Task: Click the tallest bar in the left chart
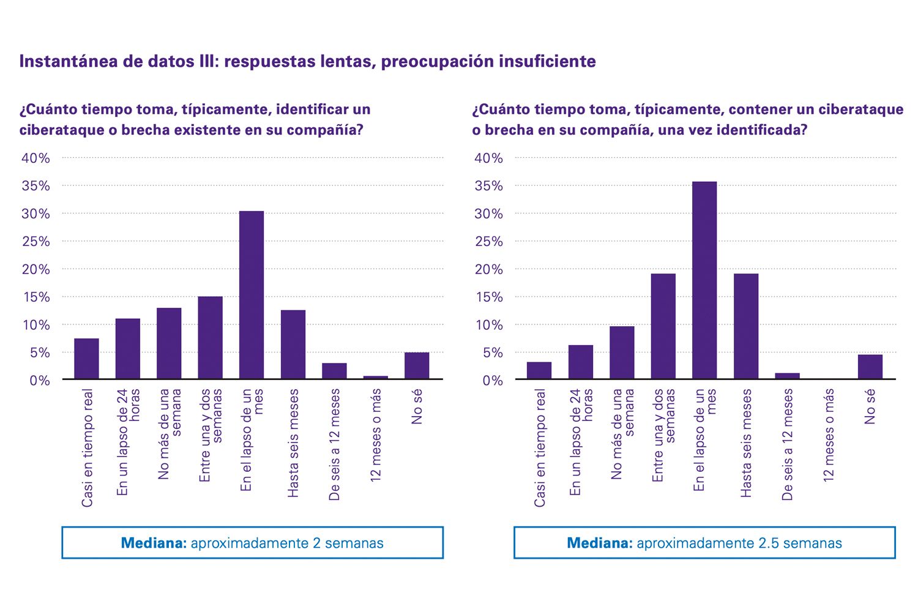tap(252, 295)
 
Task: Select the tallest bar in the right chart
tap(704, 280)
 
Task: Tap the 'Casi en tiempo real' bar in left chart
tap(86, 359)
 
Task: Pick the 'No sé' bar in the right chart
tap(870, 367)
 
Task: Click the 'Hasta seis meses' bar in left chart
tap(293, 345)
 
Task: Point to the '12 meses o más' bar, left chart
tap(376, 378)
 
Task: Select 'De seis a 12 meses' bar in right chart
tap(787, 376)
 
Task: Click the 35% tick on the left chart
tap(36, 186)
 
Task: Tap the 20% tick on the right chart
tap(489, 269)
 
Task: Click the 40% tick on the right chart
tap(489, 159)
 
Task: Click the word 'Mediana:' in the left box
tap(154, 543)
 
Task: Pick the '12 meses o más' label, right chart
tap(829, 435)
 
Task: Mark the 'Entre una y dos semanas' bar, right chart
tap(663, 326)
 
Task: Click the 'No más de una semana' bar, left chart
tap(169, 343)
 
